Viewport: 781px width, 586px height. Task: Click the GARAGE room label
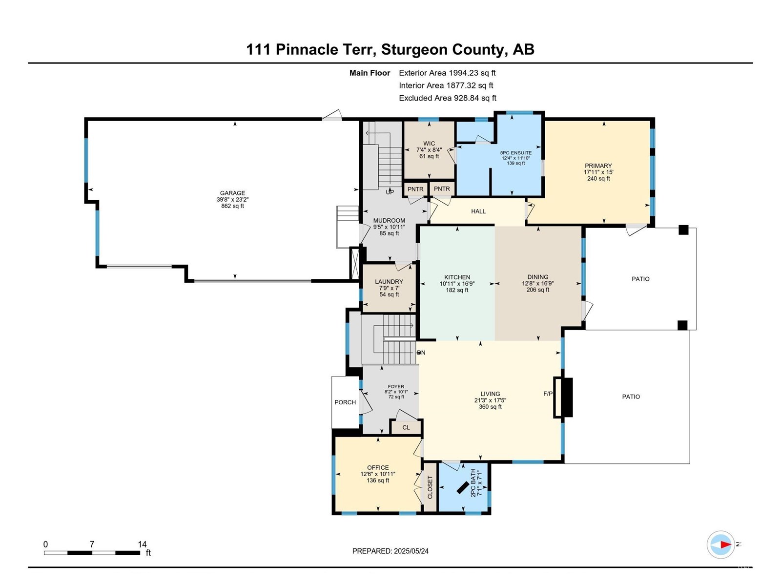(232, 193)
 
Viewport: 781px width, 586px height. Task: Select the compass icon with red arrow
(720, 544)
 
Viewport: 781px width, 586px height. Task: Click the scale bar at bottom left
(92, 553)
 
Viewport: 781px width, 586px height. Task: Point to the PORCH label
(345, 402)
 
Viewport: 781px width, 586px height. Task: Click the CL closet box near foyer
(406, 427)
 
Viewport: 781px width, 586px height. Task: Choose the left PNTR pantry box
(415, 189)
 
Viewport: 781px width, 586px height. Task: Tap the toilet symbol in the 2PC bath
(462, 488)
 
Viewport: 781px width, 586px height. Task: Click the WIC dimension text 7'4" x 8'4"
(429, 150)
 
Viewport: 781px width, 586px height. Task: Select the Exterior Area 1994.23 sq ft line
(447, 73)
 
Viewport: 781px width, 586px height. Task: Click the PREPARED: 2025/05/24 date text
(390, 551)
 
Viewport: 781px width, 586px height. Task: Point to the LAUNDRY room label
(389, 282)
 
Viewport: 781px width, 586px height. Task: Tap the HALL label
(478, 211)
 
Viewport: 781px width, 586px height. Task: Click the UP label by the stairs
(390, 192)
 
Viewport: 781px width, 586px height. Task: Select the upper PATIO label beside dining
(640, 279)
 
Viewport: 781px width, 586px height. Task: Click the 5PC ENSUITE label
(516, 153)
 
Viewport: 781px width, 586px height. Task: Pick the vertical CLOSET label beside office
(430, 487)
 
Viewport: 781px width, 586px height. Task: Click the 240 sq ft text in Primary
(598, 179)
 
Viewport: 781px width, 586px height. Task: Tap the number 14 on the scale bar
(142, 544)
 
